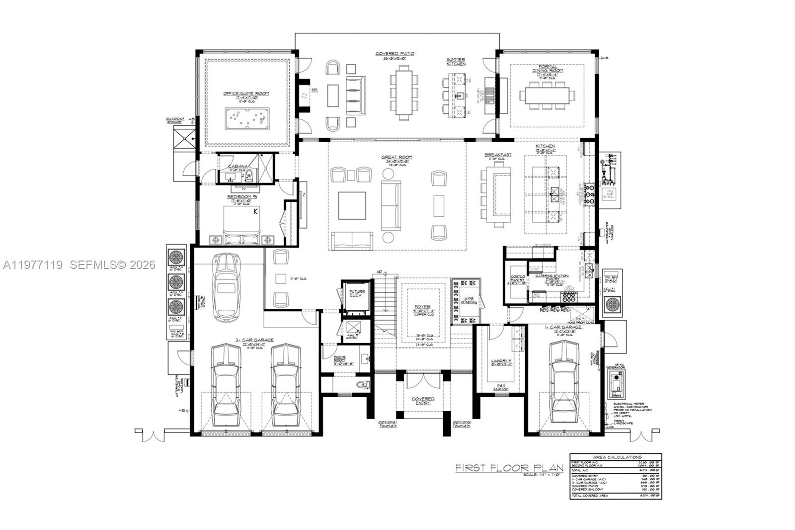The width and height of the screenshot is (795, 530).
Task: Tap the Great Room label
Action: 397,158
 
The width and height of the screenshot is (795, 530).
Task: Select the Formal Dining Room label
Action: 548,68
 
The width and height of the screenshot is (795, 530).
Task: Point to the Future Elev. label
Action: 357,293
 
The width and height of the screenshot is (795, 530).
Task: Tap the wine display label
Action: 469,299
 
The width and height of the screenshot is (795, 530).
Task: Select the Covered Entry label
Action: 423,401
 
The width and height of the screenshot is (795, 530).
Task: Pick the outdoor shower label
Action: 175,120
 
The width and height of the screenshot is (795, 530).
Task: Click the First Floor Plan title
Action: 509,468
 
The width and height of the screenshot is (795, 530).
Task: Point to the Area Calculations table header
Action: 617,457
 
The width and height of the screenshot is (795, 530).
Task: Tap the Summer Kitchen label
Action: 456,62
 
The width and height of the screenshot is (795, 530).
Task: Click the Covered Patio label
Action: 395,54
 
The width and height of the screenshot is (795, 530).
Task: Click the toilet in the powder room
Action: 363,384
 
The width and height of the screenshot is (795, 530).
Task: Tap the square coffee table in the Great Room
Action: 352,205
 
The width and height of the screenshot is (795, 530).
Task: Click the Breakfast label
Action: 498,155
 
